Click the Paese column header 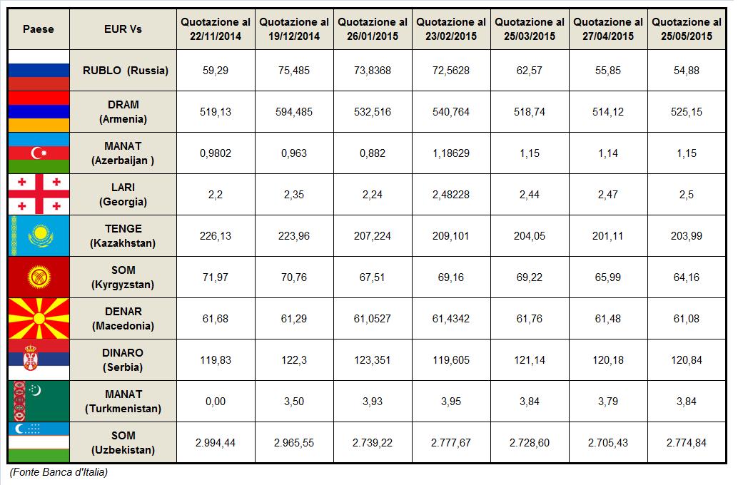point(39,29)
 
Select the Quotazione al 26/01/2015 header point(373,29)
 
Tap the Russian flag point(39,71)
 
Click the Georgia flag point(39,194)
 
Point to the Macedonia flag point(39,319)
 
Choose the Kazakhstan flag point(39,235)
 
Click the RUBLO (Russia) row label point(125,71)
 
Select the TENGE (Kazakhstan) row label point(123,235)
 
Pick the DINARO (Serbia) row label point(123,360)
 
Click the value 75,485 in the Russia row point(294,71)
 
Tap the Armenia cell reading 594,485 point(294,112)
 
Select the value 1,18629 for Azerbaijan point(451,153)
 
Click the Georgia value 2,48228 point(451,195)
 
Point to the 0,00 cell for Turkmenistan point(216,402)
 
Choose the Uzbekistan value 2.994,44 point(216,443)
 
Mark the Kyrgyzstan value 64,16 point(687,277)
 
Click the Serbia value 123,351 point(373,360)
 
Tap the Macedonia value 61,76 point(530,319)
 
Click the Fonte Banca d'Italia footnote point(59,472)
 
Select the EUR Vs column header point(123,29)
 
